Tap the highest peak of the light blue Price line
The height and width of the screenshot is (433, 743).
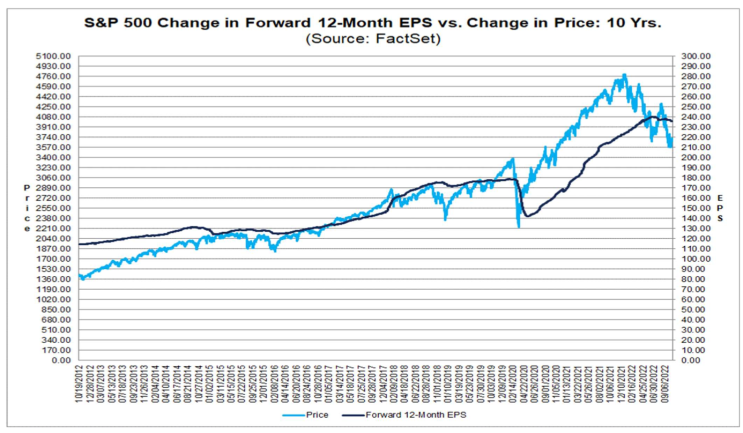point(624,74)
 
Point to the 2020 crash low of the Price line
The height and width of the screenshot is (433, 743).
point(518,227)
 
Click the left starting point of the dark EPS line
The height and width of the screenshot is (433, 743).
point(80,244)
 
